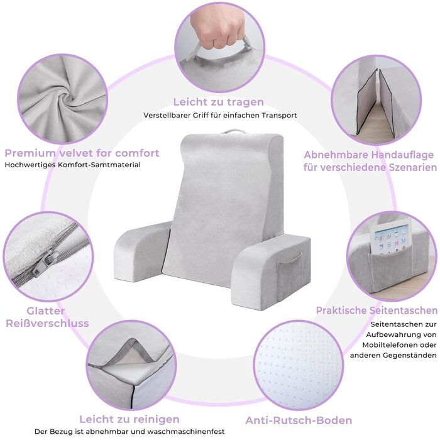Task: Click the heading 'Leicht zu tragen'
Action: (218, 102)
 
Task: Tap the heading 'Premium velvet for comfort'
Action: (82, 153)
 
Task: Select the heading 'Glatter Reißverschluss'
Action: (47, 317)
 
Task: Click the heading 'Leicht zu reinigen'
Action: (129, 419)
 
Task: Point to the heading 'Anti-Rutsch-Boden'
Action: (299, 421)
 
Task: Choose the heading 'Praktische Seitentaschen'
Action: (377, 311)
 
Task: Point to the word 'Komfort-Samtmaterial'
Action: (99, 165)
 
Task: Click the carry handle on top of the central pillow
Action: (233, 131)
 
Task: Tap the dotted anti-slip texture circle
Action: (299, 365)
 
